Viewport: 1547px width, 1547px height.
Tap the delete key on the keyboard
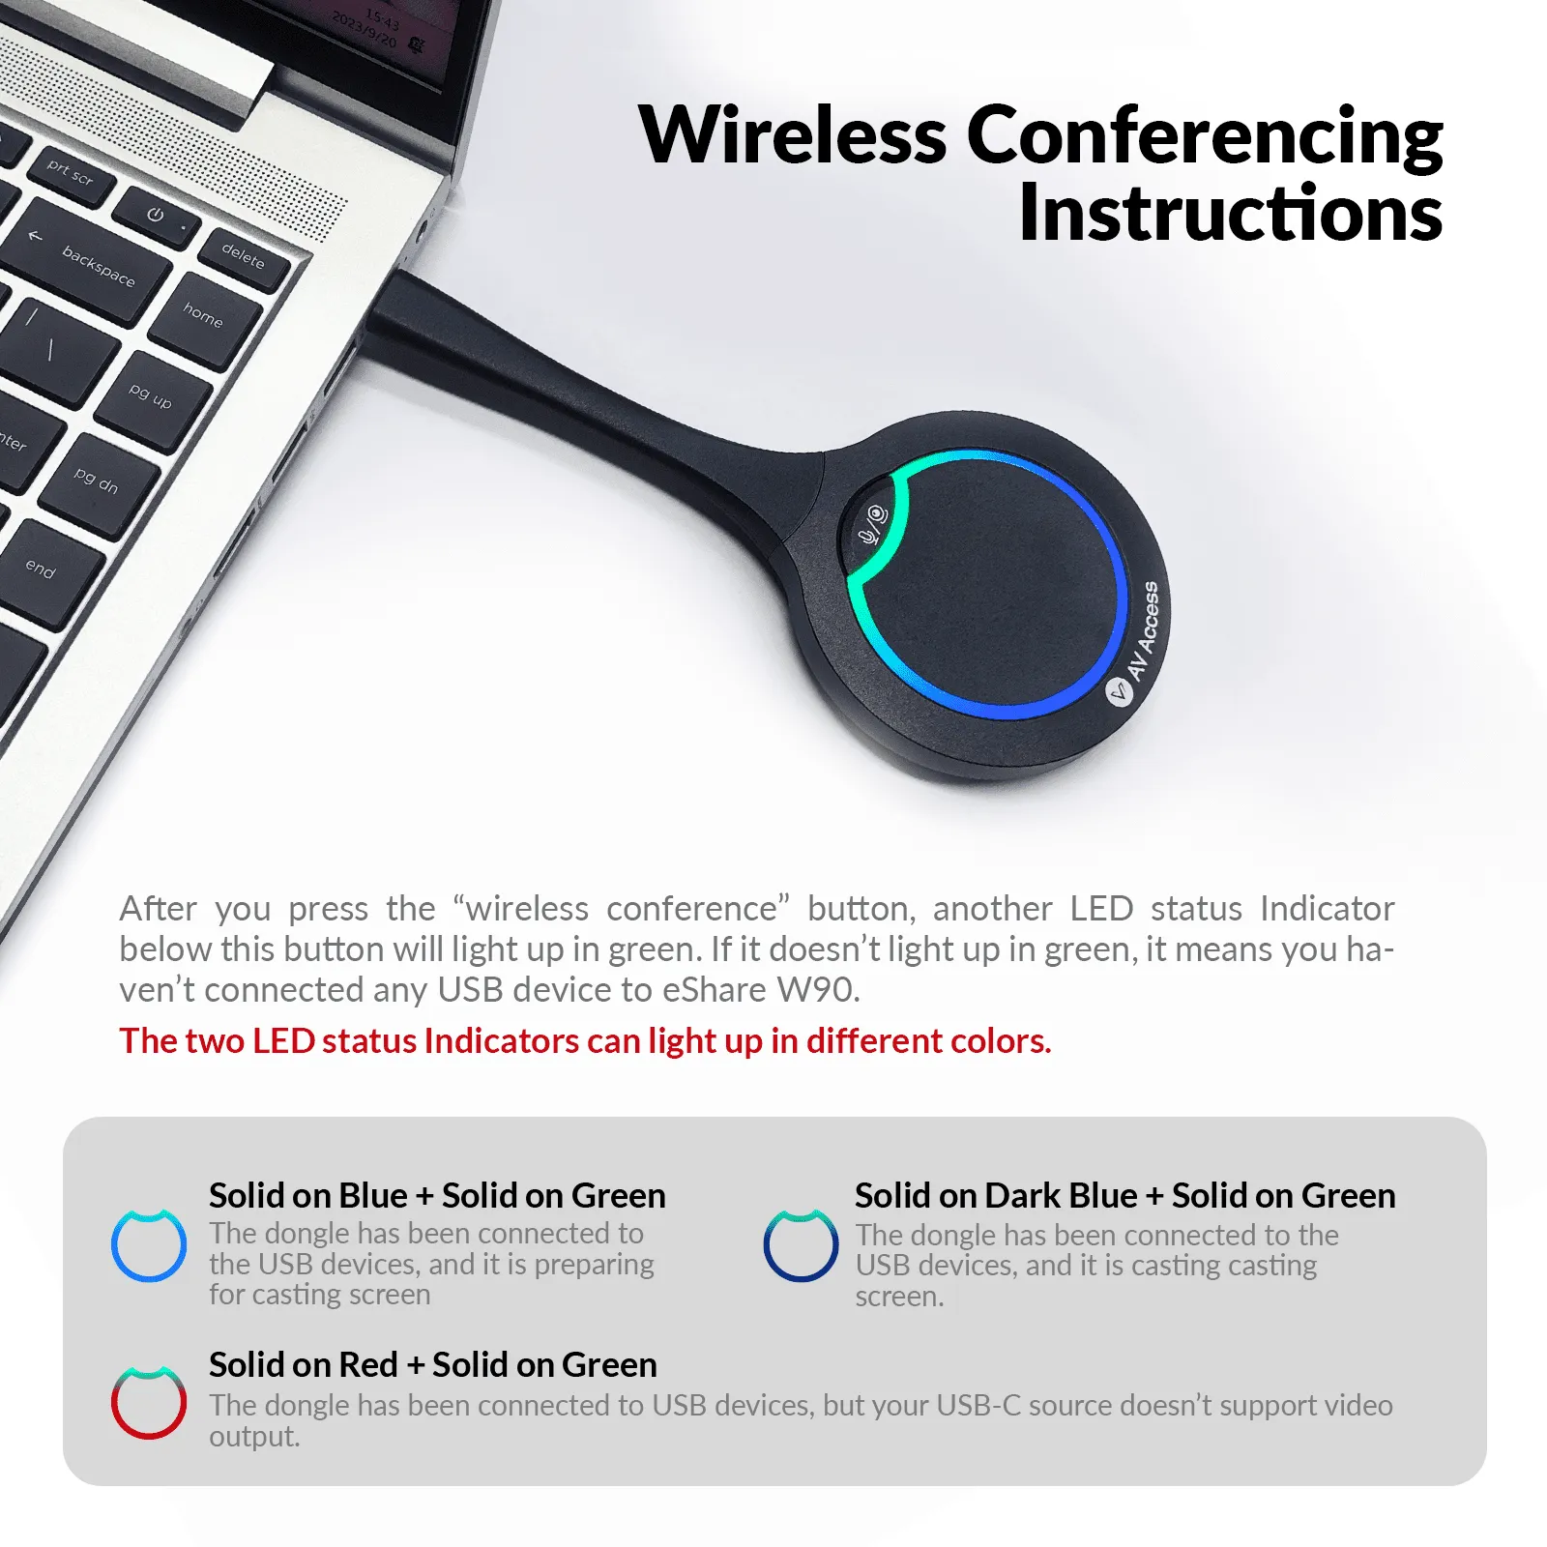coord(244,256)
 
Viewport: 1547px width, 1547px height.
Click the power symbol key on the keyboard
coord(157,217)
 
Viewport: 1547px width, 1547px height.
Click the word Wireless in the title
coord(793,135)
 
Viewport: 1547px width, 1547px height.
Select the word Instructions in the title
coord(1230,213)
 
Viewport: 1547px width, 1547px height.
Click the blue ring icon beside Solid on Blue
coord(148,1246)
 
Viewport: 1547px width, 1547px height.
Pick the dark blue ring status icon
coord(801,1246)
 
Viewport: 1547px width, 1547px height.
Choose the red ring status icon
coord(148,1402)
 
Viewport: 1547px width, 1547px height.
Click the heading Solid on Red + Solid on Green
coord(432,1364)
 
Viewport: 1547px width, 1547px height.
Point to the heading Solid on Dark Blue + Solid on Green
coord(1124,1195)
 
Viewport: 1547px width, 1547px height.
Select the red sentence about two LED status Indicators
coord(584,1040)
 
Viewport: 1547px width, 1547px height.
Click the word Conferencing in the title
coord(1204,135)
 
